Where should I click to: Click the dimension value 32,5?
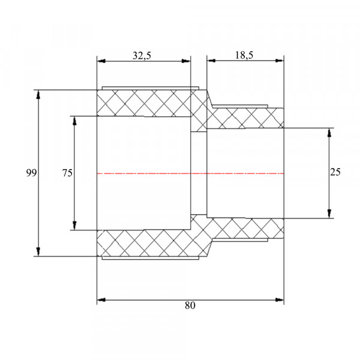click(142, 56)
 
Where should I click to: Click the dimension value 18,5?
click(244, 55)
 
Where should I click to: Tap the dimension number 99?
click(31, 173)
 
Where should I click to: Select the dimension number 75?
click(67, 173)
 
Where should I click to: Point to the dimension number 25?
click(335, 172)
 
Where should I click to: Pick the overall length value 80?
click(190, 305)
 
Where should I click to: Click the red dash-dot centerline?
click(190, 173)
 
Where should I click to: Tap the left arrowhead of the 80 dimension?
click(101, 300)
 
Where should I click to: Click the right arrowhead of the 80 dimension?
click(280, 300)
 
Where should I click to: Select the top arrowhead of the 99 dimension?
click(38, 94)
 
